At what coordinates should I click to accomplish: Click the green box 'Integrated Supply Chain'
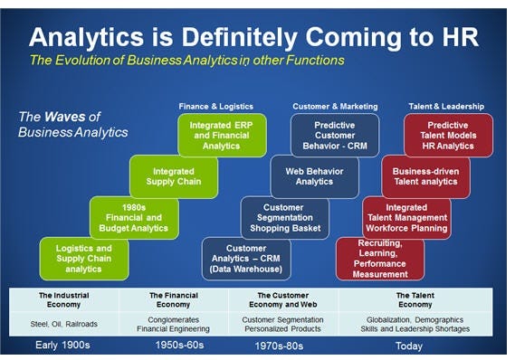click(x=174, y=176)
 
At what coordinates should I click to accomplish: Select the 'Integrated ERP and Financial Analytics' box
click(x=222, y=135)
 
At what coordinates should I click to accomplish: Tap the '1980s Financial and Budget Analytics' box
click(x=134, y=218)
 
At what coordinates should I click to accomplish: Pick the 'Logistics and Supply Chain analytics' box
click(x=84, y=259)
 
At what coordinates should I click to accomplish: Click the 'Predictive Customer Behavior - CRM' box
click(x=335, y=135)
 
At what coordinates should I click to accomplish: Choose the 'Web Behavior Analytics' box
click(x=315, y=176)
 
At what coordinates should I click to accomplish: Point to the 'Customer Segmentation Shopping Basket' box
click(x=285, y=218)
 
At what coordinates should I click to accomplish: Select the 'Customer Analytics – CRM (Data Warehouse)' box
click(x=246, y=259)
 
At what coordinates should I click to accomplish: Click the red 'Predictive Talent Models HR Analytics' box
click(x=448, y=135)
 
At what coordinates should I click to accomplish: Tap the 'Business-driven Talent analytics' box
click(x=426, y=176)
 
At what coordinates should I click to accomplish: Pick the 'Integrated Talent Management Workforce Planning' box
click(x=406, y=218)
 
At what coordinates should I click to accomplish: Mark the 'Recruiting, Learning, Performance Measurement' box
click(x=380, y=259)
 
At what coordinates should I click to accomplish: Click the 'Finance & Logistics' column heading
click(x=215, y=107)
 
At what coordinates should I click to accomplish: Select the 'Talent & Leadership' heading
click(x=446, y=107)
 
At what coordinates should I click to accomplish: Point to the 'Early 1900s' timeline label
click(x=62, y=346)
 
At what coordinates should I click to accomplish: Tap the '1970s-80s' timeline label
click(x=279, y=346)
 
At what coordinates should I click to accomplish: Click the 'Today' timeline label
click(x=409, y=346)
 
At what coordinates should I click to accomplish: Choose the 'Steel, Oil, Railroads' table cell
click(x=63, y=324)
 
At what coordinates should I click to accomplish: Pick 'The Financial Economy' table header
click(x=174, y=300)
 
